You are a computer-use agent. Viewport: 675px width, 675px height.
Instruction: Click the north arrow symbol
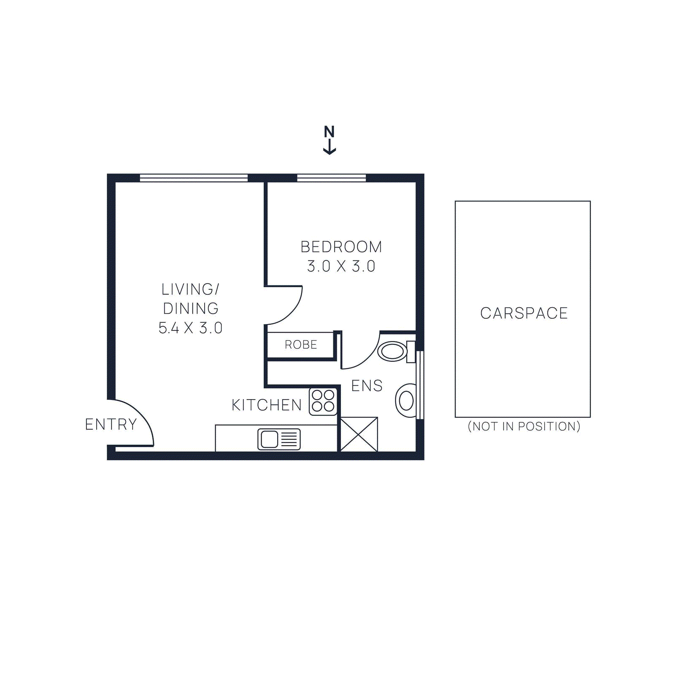point(329,140)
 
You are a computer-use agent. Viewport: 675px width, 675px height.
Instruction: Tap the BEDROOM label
point(341,247)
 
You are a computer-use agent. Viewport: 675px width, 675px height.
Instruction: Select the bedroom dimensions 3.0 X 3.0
point(341,266)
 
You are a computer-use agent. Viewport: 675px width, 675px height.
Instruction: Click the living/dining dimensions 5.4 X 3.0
point(190,328)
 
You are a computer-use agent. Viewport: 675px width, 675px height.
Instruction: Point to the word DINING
point(191,308)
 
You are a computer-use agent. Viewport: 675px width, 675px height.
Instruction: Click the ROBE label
point(301,345)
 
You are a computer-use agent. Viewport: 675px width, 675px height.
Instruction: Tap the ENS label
point(367,386)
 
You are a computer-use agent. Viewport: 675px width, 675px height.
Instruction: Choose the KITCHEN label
point(267,405)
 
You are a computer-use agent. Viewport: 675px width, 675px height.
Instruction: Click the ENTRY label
point(111,424)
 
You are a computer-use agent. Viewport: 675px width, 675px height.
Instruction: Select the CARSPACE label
point(524,313)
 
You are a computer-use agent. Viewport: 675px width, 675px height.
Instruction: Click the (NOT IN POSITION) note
point(524,427)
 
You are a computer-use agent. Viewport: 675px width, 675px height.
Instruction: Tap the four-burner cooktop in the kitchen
point(323,401)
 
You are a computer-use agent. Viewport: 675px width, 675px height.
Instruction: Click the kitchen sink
point(279,439)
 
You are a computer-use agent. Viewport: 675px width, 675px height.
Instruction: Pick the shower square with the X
point(359,434)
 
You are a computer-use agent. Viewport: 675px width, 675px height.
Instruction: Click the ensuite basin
point(406,400)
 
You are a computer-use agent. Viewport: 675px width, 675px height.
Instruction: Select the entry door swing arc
point(139,416)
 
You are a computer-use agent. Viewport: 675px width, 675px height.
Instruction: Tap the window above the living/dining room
point(193,178)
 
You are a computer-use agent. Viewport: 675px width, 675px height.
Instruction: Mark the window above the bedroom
point(331,178)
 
